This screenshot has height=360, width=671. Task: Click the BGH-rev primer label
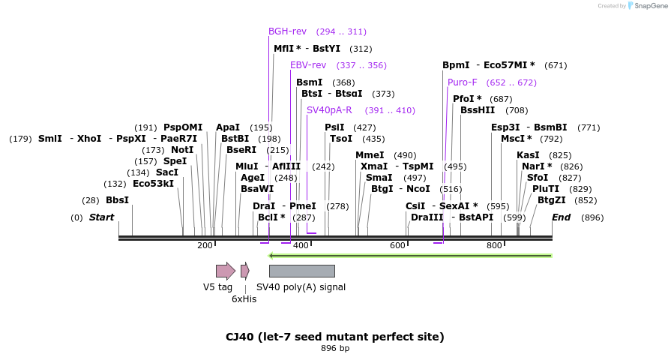(x=287, y=31)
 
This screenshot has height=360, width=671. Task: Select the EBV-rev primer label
(x=308, y=65)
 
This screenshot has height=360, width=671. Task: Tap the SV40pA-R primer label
(x=329, y=110)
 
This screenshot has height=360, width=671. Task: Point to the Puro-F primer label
(x=462, y=82)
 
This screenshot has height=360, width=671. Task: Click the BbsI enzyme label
(x=117, y=200)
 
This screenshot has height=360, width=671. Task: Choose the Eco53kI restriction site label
(x=153, y=184)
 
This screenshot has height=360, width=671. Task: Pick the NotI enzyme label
(x=182, y=150)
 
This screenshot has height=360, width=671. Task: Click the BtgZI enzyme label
(x=551, y=200)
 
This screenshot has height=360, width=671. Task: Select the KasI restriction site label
(x=528, y=155)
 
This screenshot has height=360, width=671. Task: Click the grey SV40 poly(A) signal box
(x=301, y=271)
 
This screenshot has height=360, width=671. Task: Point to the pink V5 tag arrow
(x=225, y=271)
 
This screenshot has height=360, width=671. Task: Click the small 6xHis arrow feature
(x=244, y=271)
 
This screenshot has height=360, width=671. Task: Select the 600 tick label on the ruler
(x=397, y=245)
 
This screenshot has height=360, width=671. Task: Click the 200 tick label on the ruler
(x=205, y=245)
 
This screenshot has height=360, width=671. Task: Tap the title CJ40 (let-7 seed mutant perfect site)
(x=335, y=337)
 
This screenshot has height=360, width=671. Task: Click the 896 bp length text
(x=335, y=349)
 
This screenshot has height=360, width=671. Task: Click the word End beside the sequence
(x=561, y=217)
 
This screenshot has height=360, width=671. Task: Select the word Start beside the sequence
(x=101, y=217)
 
